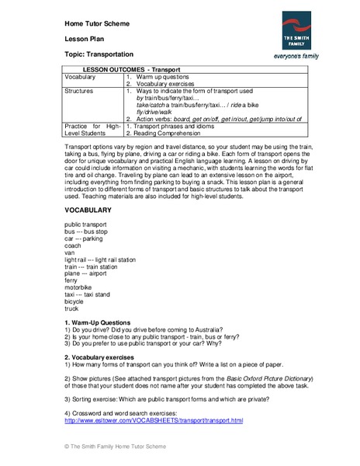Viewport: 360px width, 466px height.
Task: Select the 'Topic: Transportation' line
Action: click(99, 55)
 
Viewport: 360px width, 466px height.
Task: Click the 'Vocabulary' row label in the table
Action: click(81, 78)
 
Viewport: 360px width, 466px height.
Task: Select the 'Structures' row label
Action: click(80, 91)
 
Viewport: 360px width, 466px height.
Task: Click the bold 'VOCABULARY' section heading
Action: click(88, 210)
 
